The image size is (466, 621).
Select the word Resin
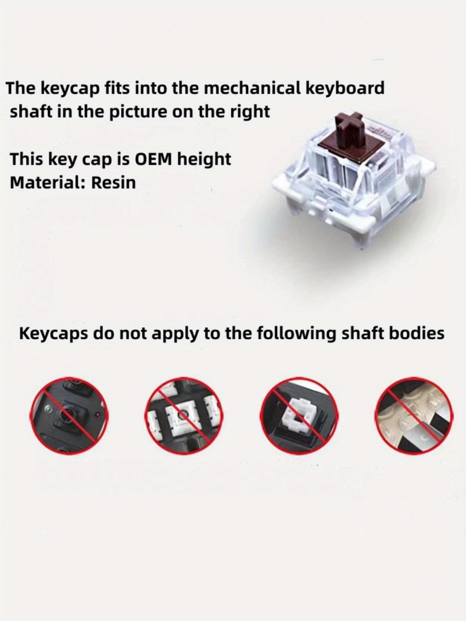113,183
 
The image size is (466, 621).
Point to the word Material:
48,183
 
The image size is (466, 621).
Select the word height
204,159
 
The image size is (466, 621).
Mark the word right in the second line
253,112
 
